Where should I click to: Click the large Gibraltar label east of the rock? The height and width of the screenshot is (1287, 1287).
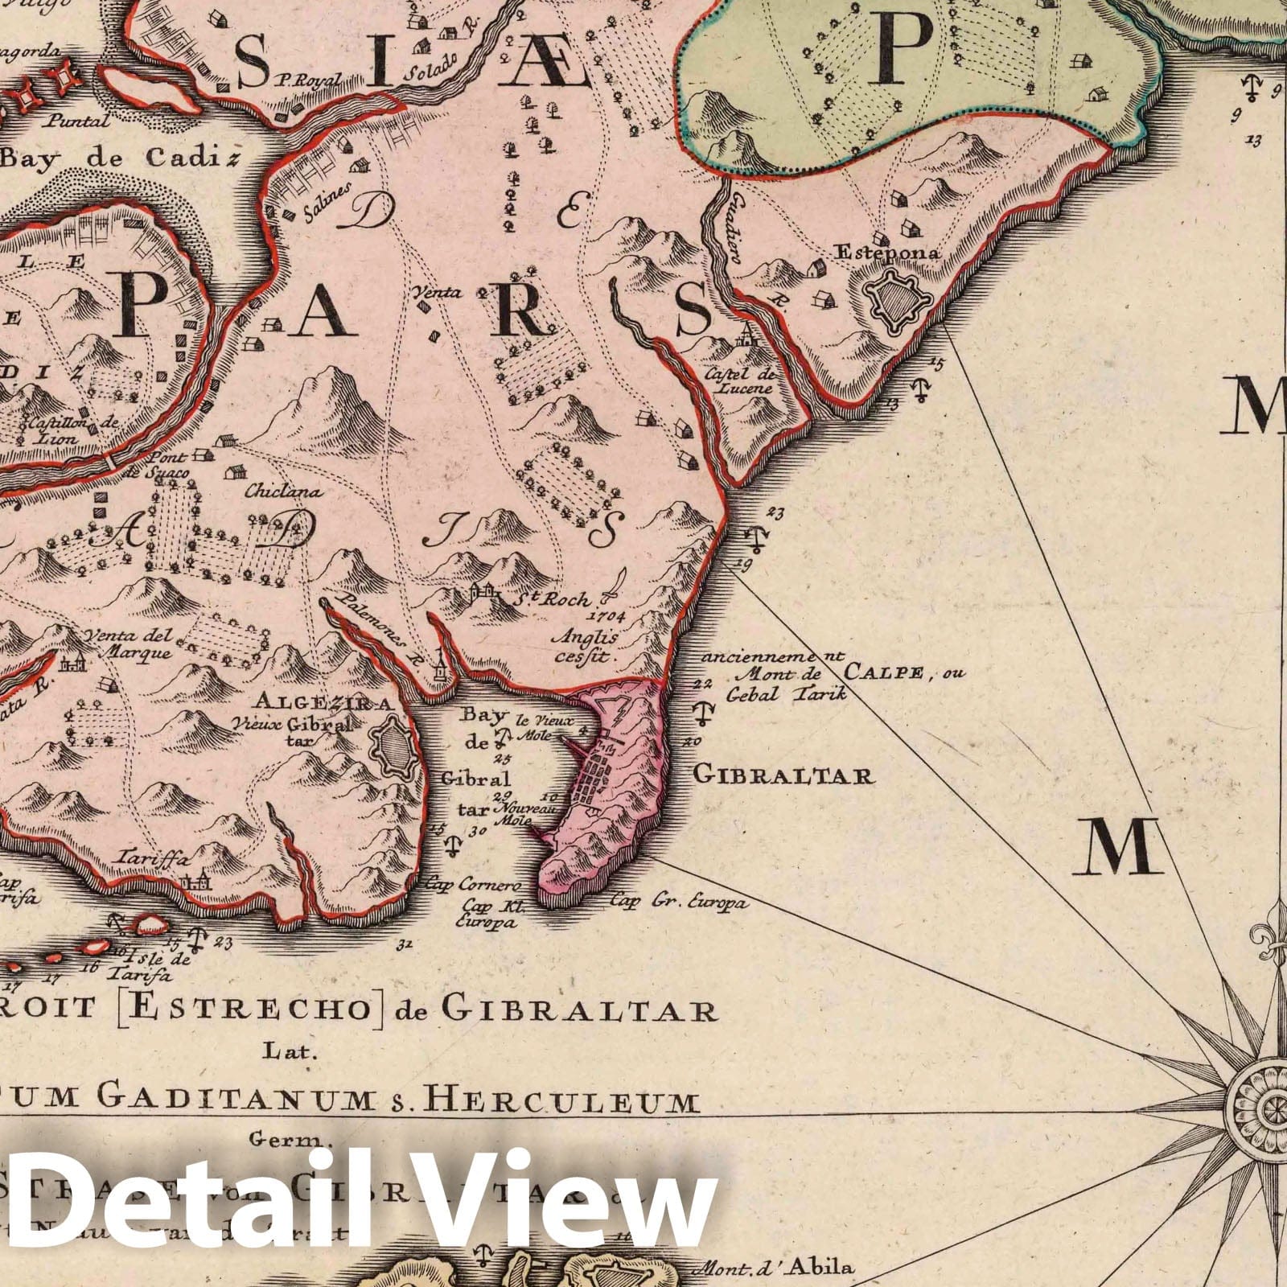pyautogui.click(x=783, y=775)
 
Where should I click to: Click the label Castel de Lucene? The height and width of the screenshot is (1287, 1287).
pyautogui.click(x=738, y=380)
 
